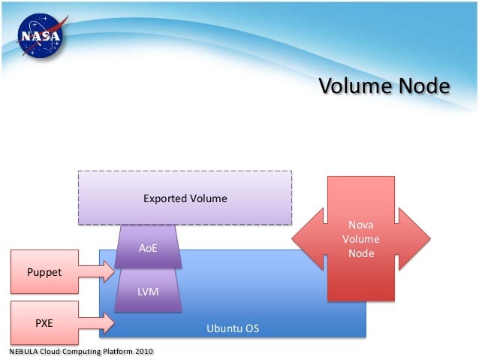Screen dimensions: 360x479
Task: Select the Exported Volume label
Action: click(x=185, y=199)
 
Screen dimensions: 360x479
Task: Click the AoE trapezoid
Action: click(x=148, y=247)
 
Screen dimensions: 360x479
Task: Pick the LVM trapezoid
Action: click(x=148, y=290)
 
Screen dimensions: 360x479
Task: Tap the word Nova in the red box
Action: click(x=360, y=225)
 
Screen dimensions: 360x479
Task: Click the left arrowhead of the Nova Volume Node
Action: click(x=304, y=239)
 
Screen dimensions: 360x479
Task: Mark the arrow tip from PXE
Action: click(x=110, y=323)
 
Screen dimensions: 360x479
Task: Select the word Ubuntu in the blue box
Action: click(x=223, y=329)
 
